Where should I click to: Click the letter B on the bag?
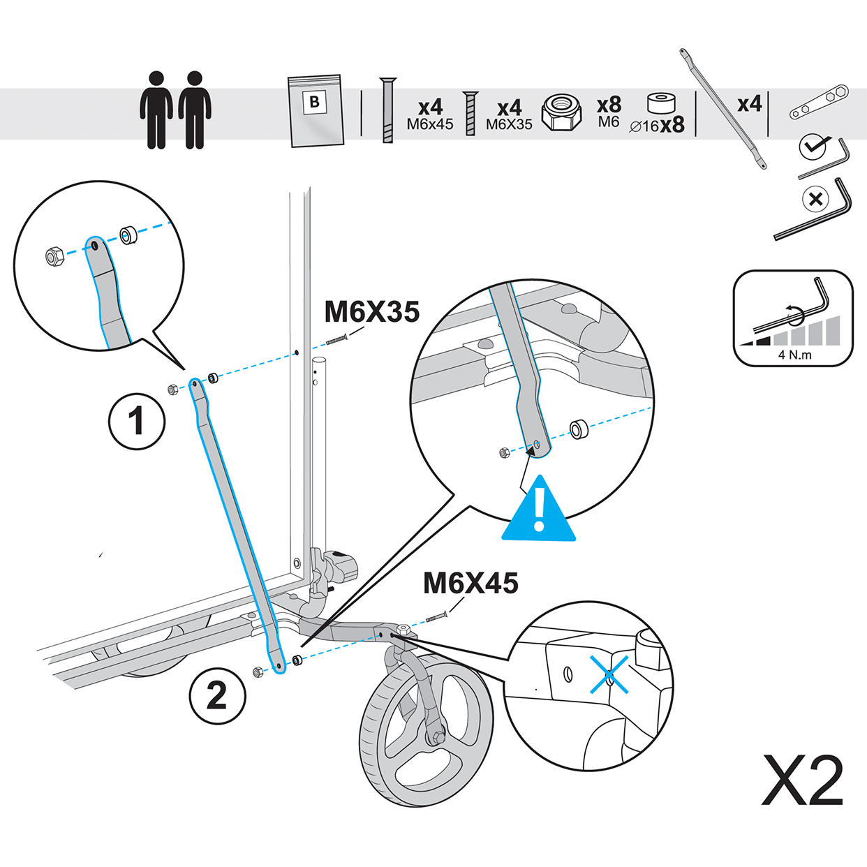315,102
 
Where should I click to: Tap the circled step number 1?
137,421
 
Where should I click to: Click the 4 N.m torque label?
794,355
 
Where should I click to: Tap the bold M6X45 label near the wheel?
470,583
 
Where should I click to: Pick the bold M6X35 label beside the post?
372,311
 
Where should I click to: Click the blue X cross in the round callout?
609,675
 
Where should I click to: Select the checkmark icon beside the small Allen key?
812,147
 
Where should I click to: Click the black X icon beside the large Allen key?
815,199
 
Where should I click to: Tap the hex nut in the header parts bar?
562,113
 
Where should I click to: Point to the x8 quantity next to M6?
609,105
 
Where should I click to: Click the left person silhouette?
156,110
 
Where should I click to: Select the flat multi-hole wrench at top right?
819,102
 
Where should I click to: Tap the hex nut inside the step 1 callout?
54,258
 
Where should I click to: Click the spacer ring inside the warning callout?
579,429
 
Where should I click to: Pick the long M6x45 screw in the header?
387,110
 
